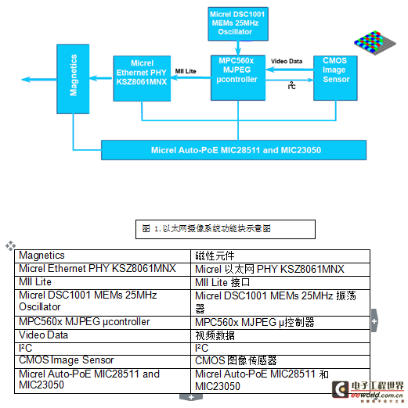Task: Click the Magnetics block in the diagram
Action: [x=73, y=79]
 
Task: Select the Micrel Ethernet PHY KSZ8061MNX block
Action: [x=142, y=78]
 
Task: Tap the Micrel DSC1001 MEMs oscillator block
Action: [x=238, y=24]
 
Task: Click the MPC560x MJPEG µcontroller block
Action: [x=238, y=77]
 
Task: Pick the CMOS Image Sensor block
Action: [x=335, y=78]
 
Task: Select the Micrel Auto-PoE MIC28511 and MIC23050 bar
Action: [x=234, y=150]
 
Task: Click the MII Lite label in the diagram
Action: [x=186, y=71]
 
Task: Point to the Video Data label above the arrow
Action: [x=287, y=61]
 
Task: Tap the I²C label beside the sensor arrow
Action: [x=292, y=85]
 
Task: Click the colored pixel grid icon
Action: [x=375, y=42]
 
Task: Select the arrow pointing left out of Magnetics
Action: [x=39, y=79]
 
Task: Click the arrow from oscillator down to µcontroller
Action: [x=238, y=48]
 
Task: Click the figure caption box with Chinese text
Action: [x=226, y=229]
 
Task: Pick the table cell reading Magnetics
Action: [x=103, y=256]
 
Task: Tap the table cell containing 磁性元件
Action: [x=280, y=256]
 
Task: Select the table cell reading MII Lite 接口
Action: [x=280, y=283]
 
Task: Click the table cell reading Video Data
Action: [x=103, y=336]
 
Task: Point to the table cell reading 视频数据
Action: [x=280, y=336]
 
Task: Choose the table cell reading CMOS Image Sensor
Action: [x=103, y=362]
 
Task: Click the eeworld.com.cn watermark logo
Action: [x=368, y=392]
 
